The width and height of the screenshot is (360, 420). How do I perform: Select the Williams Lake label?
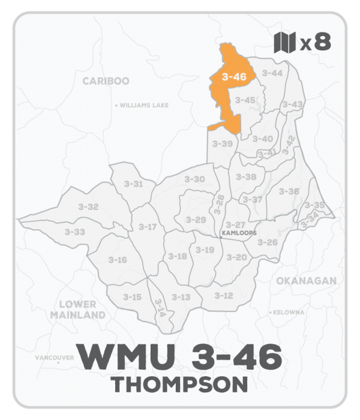143,105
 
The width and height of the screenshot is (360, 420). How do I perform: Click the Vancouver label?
55,358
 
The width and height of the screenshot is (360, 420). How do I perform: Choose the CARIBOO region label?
106,81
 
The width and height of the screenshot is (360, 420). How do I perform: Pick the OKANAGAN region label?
304,281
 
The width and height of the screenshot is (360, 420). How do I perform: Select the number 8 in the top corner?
322,43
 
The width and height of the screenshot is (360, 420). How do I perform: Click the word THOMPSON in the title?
180,383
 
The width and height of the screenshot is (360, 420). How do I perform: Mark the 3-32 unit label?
88,206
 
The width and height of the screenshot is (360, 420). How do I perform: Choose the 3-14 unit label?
159,307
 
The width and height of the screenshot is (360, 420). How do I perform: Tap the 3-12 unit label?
223,296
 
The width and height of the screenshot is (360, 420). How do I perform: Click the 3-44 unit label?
272,73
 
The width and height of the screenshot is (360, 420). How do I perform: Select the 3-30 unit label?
194,179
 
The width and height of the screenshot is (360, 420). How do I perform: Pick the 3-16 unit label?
117,259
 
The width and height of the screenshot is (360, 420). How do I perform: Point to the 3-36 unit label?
289,191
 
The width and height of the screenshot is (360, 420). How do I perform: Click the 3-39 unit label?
223,144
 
